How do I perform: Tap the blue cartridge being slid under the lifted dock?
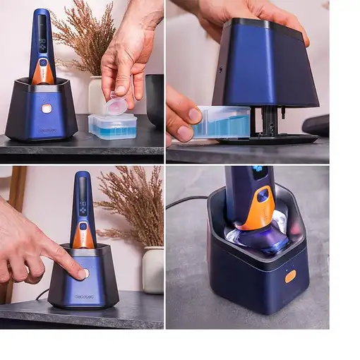tap(222, 121)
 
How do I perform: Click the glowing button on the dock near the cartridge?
tap(47, 109)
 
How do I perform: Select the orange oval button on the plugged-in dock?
tap(290, 277)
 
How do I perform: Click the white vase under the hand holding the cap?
tap(95, 95)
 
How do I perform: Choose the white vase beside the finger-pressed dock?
tap(152, 270)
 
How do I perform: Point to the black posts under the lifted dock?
tap(268, 121)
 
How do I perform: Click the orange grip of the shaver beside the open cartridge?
tap(43, 74)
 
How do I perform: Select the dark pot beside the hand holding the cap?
tap(155, 99)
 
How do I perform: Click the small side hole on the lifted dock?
tap(220, 70)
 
